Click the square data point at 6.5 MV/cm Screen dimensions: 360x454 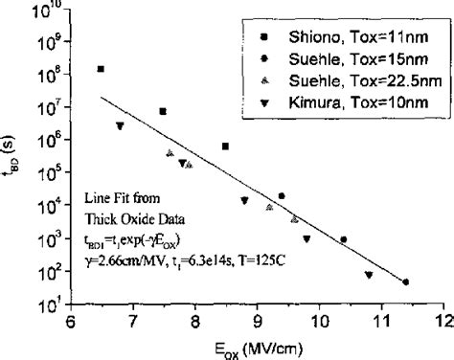tap(102, 69)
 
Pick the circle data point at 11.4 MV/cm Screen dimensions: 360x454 tap(406, 281)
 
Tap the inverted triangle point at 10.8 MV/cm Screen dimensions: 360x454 tap(369, 276)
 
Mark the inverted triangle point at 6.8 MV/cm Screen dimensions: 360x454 tap(120, 126)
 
